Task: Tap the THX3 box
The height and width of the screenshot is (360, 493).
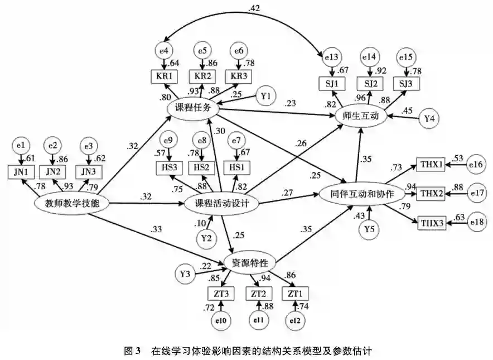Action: point(431,223)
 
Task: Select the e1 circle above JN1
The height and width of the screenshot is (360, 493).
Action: point(21,146)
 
